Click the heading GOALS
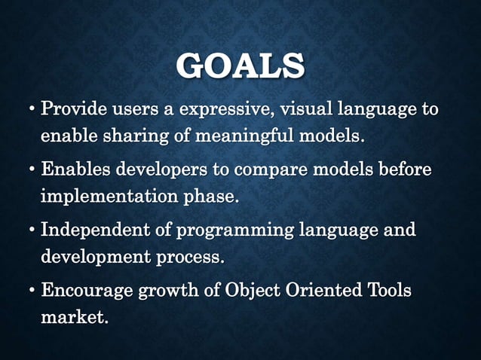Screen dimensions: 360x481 click(240, 66)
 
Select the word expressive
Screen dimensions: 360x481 click(227, 111)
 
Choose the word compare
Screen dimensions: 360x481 click(268, 171)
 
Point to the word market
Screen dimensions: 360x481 click(74, 316)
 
